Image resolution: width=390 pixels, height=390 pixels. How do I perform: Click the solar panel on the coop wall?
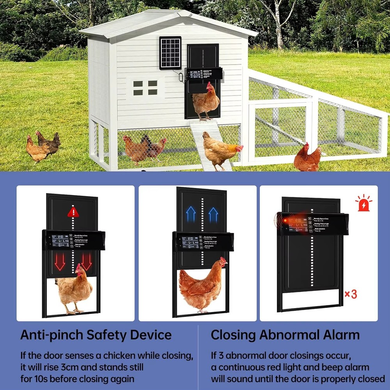[170, 53]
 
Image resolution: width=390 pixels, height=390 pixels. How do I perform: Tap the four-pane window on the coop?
[145, 88]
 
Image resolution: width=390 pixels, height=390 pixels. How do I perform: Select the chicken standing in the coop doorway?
[206, 101]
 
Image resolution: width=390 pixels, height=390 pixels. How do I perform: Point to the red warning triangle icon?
[73, 212]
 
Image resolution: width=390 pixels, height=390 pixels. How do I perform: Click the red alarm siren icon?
[363, 203]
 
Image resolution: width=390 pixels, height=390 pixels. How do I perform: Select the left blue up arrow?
[191, 214]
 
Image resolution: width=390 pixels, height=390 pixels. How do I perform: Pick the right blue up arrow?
[213, 214]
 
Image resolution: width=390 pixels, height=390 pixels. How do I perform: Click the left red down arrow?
[60, 261]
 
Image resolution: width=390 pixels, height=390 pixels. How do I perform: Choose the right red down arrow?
[87, 261]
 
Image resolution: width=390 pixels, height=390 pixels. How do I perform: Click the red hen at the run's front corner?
[307, 158]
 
